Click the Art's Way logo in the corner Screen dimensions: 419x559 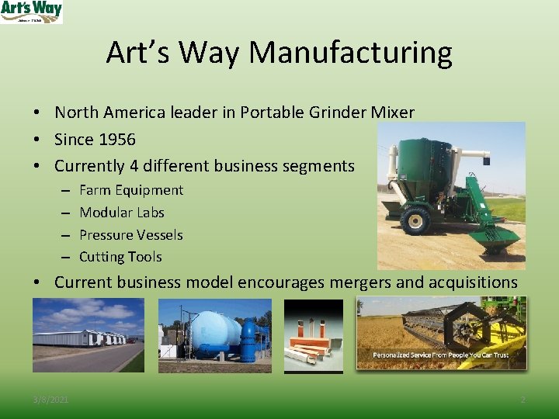pyautogui.click(x=31, y=12)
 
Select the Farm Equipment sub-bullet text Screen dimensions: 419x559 pyautogui.click(x=131, y=190)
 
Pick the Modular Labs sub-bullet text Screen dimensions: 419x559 pyautogui.click(x=122, y=213)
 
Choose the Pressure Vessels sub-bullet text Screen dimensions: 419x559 pyautogui.click(x=131, y=234)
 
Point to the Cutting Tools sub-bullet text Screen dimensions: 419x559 pyautogui.click(x=120, y=257)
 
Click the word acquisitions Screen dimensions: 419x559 pyautogui.click(x=473, y=282)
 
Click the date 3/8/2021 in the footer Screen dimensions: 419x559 pyautogui.click(x=50, y=400)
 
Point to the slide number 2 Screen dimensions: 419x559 pyautogui.click(x=523, y=400)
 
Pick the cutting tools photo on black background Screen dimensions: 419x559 pyautogui.click(x=313, y=335)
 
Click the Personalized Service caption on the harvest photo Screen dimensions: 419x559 pyautogui.click(x=441, y=355)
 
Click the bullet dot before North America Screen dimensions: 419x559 pyautogui.click(x=37, y=113)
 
